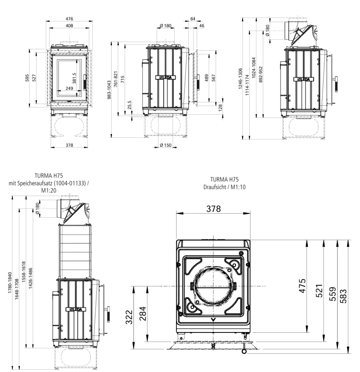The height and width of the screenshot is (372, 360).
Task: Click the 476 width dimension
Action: click(69, 19)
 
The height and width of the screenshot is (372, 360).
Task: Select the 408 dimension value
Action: click(69, 26)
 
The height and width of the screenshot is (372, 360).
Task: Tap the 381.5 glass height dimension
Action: click(74, 78)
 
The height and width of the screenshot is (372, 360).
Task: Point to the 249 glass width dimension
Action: click(69, 88)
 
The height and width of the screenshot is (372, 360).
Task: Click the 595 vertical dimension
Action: click(27, 78)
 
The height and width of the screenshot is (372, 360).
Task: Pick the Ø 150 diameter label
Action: click(165, 145)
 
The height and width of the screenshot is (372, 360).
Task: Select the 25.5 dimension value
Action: click(129, 105)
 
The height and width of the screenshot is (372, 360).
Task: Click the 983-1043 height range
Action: click(109, 90)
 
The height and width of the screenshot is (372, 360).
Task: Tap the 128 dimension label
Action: click(220, 108)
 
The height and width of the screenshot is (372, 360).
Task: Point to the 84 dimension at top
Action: click(193, 19)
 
